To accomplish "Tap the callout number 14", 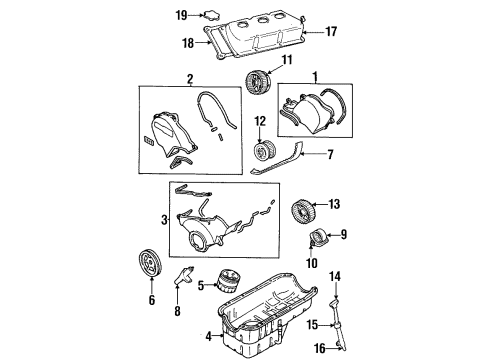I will coord(337,275).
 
